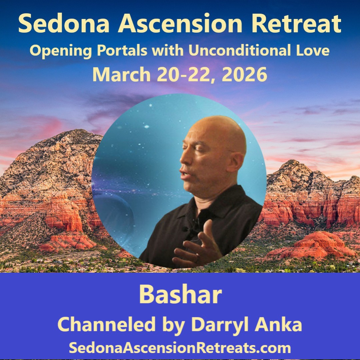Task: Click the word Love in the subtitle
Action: point(313,51)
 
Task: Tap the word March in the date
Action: point(121,75)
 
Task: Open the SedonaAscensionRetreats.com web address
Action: point(180,348)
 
